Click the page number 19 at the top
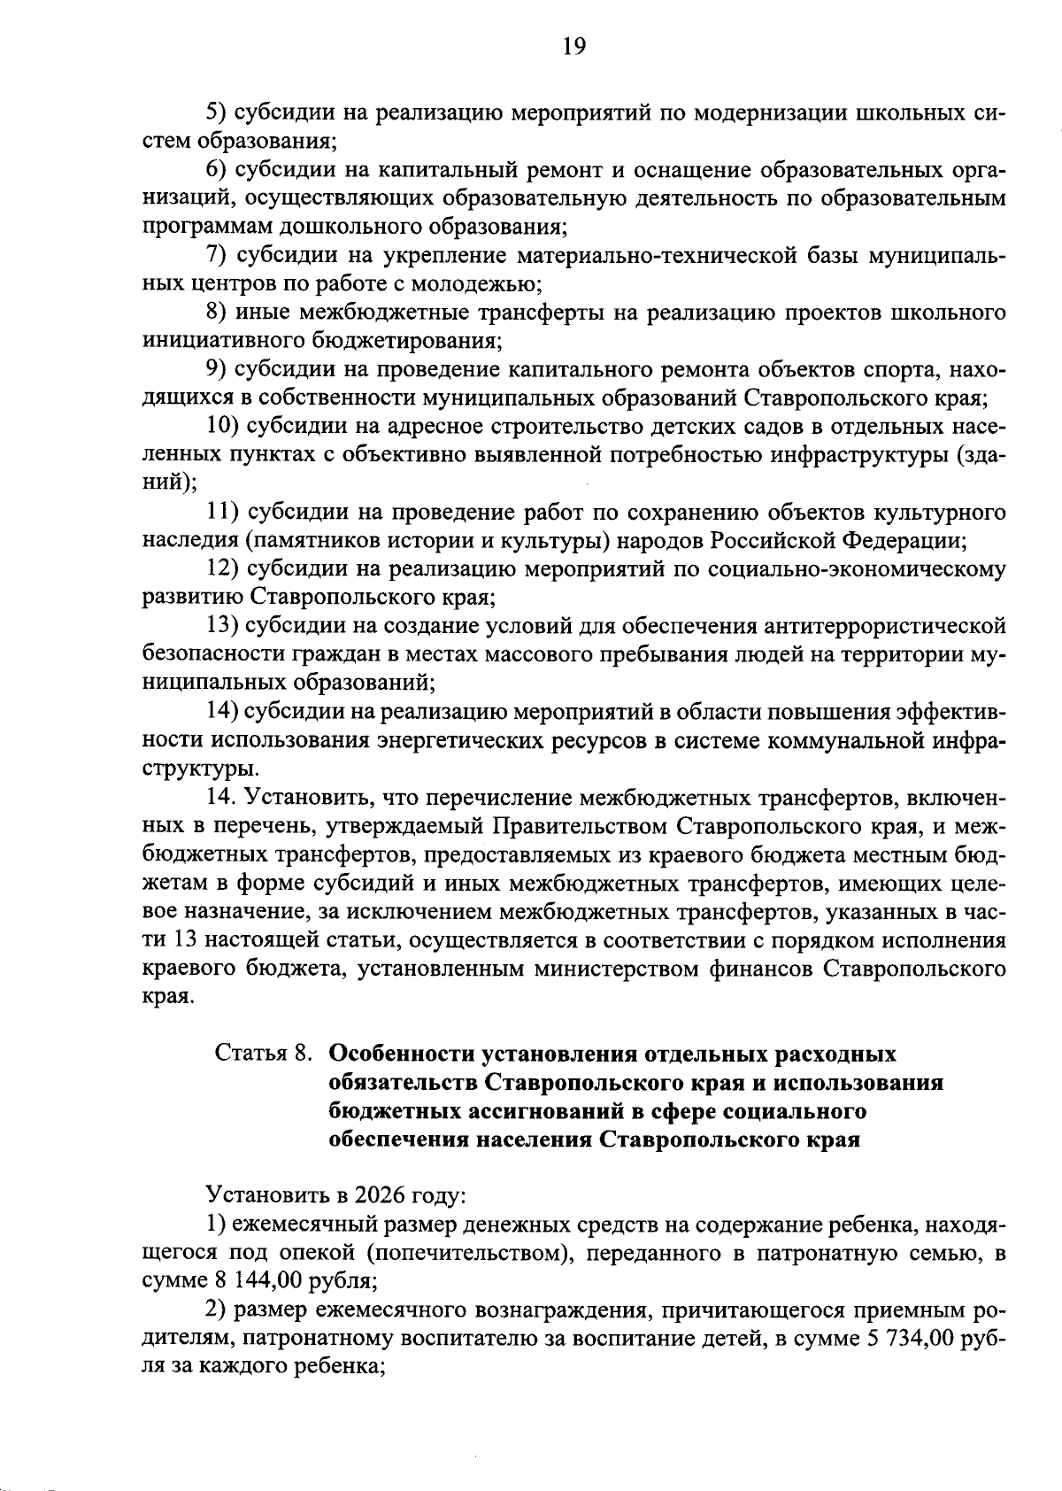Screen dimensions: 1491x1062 [573, 45]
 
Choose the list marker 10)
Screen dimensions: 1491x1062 [224, 426]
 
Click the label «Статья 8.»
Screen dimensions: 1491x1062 [263, 1054]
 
